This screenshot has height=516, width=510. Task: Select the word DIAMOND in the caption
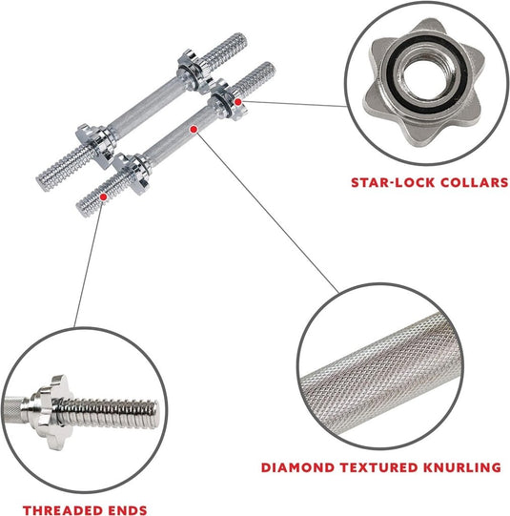click(x=298, y=467)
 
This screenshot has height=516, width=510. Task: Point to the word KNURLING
click(x=462, y=467)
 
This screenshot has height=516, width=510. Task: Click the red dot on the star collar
click(x=237, y=102)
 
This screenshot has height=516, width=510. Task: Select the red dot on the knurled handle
click(x=194, y=130)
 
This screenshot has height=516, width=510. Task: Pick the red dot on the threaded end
click(x=103, y=196)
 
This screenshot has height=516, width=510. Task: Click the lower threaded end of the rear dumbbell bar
click(x=64, y=169)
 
